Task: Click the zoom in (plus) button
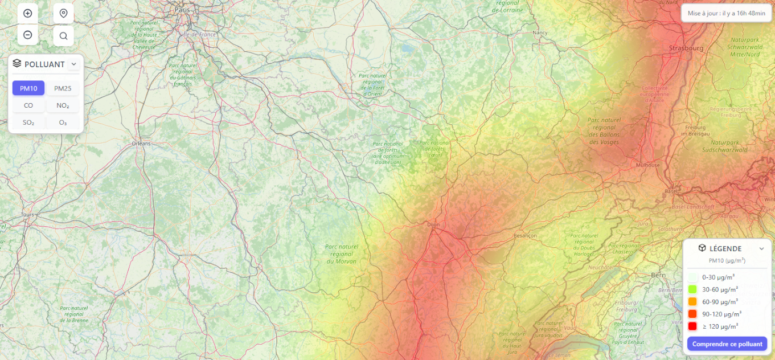point(27,13)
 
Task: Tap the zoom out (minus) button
point(27,35)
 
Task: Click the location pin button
point(63,13)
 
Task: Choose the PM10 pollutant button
point(28,88)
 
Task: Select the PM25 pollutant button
point(63,88)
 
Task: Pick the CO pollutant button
point(28,105)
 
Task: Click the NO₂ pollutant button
point(63,105)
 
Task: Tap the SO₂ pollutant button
point(28,122)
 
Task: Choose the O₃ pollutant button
point(63,122)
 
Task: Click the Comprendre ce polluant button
point(727,344)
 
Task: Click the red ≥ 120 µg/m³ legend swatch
point(692,326)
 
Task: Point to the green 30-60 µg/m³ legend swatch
point(692,289)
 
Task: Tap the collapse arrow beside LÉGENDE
point(761,248)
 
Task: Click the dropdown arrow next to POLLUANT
point(73,64)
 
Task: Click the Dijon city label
point(434,224)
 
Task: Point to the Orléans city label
point(141,144)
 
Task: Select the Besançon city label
point(525,235)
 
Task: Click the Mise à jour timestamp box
point(726,13)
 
